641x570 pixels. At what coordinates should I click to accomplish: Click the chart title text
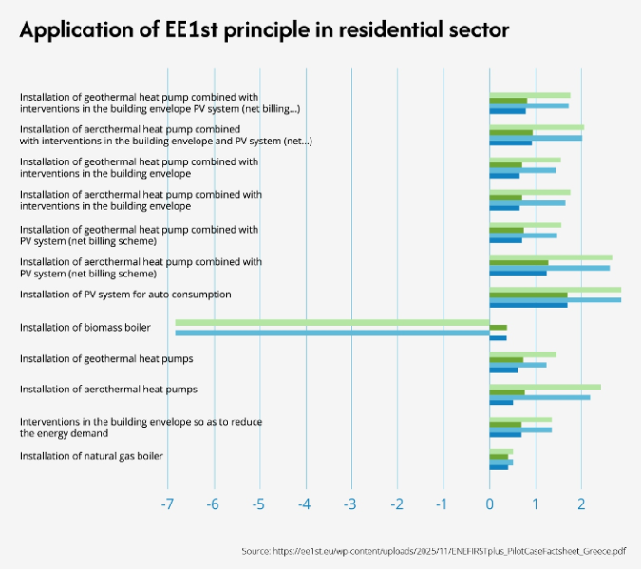pyautogui.click(x=264, y=30)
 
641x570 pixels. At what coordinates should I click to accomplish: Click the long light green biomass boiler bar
pyautogui.click(x=332, y=322)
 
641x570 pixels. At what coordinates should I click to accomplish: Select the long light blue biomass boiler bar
pyautogui.click(x=332, y=332)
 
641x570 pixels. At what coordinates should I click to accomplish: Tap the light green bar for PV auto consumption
pyautogui.click(x=555, y=289)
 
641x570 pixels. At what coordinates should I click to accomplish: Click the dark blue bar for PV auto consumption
pyautogui.click(x=528, y=305)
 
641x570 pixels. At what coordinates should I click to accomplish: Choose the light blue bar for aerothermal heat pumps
pyautogui.click(x=539, y=397)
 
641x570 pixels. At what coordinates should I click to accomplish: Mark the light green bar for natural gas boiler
pyautogui.click(x=500, y=451)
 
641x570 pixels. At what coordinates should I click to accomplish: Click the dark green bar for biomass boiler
pyautogui.click(x=498, y=328)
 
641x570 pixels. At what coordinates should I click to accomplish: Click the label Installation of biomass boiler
pyautogui.click(x=85, y=328)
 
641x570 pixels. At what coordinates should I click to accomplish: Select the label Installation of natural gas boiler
pyautogui.click(x=91, y=456)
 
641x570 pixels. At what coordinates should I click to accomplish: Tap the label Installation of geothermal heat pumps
pyautogui.click(x=106, y=359)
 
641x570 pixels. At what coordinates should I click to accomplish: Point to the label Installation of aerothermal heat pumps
pyautogui.click(x=108, y=389)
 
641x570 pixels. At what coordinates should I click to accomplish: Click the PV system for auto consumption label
pyautogui.click(x=125, y=294)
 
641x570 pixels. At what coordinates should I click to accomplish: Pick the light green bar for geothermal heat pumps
pyautogui.click(x=522, y=354)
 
